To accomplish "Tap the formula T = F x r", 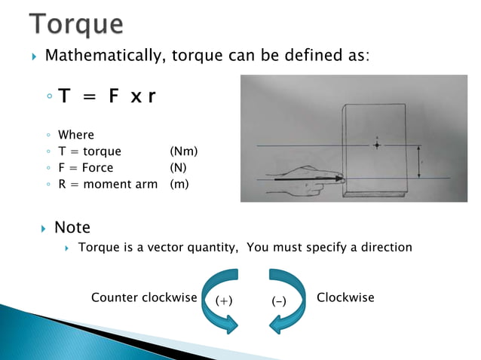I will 106,98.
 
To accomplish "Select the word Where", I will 75,135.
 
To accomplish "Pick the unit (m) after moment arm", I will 180,184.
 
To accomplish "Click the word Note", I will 72,227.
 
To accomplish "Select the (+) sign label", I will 223,301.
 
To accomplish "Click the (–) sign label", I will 278,301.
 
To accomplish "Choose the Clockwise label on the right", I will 345,297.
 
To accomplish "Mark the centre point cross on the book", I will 376,145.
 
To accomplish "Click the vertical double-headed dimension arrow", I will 419,160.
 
